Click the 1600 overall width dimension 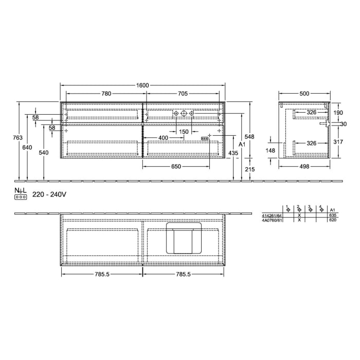tap(142, 85)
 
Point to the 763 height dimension tap(17, 137)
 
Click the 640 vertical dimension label tap(27, 148)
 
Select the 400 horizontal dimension tap(163, 138)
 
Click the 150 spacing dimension tap(184, 132)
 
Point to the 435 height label tap(233, 153)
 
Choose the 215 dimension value tap(249, 169)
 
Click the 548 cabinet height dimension tap(249, 137)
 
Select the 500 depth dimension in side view tap(304, 94)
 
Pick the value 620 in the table tap(332, 220)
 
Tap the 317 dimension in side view tap(337, 142)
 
